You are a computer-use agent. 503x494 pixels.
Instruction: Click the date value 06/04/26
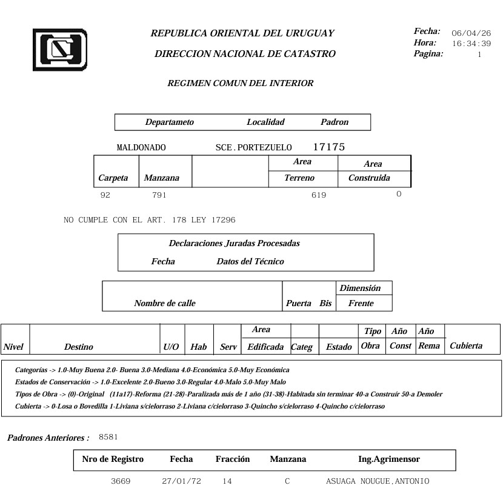pos(471,33)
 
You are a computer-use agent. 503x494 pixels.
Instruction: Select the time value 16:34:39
pos(471,44)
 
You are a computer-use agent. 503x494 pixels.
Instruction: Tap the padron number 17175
pos(329,147)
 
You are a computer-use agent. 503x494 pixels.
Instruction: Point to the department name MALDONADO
pos(141,148)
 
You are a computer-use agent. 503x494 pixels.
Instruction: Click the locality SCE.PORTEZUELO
pos(254,148)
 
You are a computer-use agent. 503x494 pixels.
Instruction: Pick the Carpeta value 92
pos(105,195)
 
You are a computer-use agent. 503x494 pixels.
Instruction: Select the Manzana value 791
pos(159,195)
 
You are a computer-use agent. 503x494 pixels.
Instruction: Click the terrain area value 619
pos(319,195)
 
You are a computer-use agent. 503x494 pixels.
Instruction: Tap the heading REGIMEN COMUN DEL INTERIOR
pos(241,84)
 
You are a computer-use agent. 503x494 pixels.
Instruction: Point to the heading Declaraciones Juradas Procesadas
pos(234,244)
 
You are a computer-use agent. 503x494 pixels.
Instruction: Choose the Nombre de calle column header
pos(165,303)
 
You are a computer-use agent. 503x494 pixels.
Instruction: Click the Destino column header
pos(79,347)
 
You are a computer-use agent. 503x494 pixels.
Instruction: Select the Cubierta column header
pos(466,345)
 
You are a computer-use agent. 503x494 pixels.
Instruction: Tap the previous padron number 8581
pos(108,436)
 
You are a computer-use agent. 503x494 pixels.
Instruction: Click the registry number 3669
pos(121,481)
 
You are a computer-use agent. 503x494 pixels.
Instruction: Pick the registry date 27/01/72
pos(181,481)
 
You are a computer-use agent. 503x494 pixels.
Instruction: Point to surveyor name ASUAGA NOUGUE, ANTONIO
pos(378,481)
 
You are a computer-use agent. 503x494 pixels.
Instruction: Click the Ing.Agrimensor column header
pos(389,459)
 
